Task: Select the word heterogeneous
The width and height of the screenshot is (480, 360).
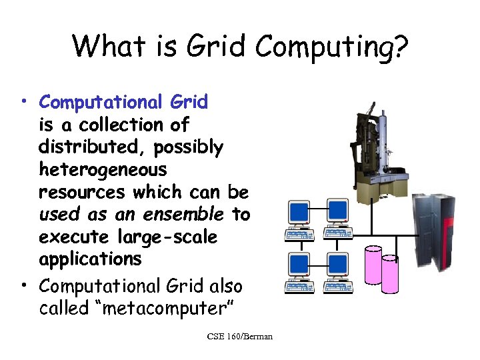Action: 103,169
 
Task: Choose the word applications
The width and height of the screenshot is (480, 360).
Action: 90,259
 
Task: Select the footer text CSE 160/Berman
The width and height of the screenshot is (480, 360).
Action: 239,337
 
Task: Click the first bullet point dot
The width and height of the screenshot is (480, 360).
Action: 23,101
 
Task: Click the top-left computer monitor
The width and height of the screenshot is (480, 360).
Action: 299,213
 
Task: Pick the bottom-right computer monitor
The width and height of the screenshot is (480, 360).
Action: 337,265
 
